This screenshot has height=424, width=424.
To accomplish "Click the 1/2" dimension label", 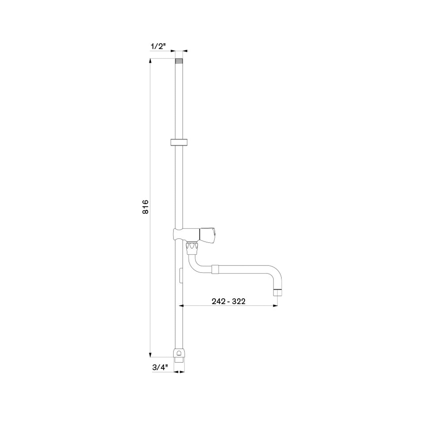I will point(158,47).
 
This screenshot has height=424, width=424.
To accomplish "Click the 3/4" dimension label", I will point(160,368).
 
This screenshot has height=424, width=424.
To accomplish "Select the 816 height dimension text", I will point(146,207).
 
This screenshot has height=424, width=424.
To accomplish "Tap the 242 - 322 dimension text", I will point(228,301).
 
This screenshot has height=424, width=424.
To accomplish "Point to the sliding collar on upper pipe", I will point(179,142).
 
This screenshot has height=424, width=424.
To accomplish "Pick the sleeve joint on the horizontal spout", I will point(215,270).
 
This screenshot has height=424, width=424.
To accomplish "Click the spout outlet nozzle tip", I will point(277,293).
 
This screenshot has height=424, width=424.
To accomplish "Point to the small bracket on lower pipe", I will point(181,275).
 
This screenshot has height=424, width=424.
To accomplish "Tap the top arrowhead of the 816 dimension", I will point(150,61).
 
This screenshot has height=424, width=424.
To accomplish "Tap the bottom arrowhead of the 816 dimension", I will point(150,355).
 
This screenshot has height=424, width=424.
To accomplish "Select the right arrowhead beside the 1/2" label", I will point(185,50).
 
